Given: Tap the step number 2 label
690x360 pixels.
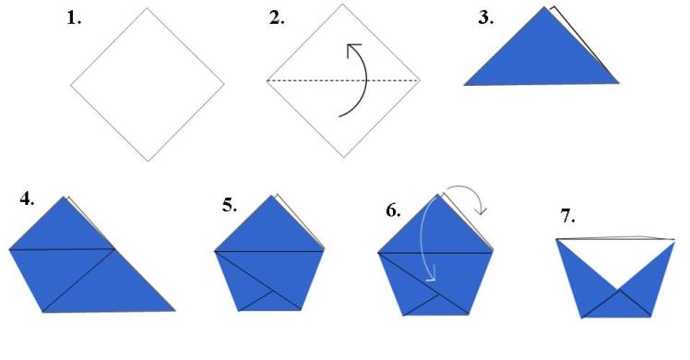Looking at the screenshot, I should (276, 18).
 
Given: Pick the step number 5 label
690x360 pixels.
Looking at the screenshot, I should (231, 205).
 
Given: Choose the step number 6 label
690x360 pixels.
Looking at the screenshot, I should (394, 210).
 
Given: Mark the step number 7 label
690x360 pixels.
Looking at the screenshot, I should (568, 217).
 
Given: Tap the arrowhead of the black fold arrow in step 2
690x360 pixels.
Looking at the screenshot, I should (355, 45).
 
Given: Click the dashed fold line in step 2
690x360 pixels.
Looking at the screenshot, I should (304, 81).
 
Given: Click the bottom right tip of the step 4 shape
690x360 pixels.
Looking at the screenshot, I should (173, 310).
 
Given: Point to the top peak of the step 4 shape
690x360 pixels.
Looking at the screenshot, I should (65, 197).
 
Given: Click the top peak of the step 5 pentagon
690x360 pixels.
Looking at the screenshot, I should (273, 197).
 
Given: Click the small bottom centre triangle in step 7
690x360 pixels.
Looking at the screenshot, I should (616, 304).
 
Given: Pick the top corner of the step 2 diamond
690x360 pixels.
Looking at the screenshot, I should (343, 6).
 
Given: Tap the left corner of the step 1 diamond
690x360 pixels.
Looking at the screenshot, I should (71, 86).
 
